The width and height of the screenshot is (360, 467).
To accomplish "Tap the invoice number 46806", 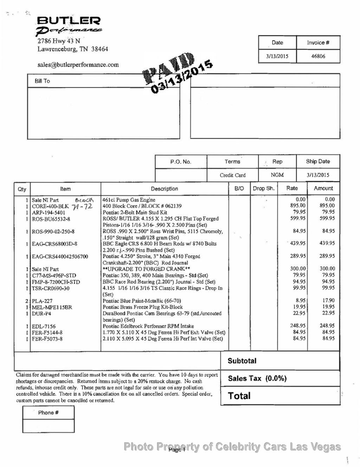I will pyautogui.click(x=318, y=56).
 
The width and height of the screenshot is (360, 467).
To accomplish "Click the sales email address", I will pyautogui.click(x=78, y=65).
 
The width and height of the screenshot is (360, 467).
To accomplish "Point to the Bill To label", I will pyautogui.click(x=42, y=81).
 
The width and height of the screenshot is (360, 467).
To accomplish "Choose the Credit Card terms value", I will pyautogui.click(x=232, y=175).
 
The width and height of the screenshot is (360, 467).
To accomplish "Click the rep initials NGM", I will pyautogui.click(x=277, y=175).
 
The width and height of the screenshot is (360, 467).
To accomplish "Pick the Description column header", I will pyautogui.click(x=165, y=189).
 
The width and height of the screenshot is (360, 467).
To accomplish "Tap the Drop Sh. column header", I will pyautogui.click(x=264, y=188).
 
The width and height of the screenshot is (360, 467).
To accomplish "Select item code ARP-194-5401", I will pyautogui.click(x=49, y=212).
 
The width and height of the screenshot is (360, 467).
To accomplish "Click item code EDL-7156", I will pyautogui.click(x=44, y=326).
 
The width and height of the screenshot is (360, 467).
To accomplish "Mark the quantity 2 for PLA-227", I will pyautogui.click(x=27, y=301).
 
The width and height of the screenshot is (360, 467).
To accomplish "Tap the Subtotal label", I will pyautogui.click(x=242, y=361).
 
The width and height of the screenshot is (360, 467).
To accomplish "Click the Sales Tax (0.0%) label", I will pyautogui.click(x=257, y=378).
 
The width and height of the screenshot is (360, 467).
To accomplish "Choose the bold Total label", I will pyautogui.click(x=239, y=396).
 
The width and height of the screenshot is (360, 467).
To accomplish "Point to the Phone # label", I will pyautogui.click(x=48, y=412).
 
